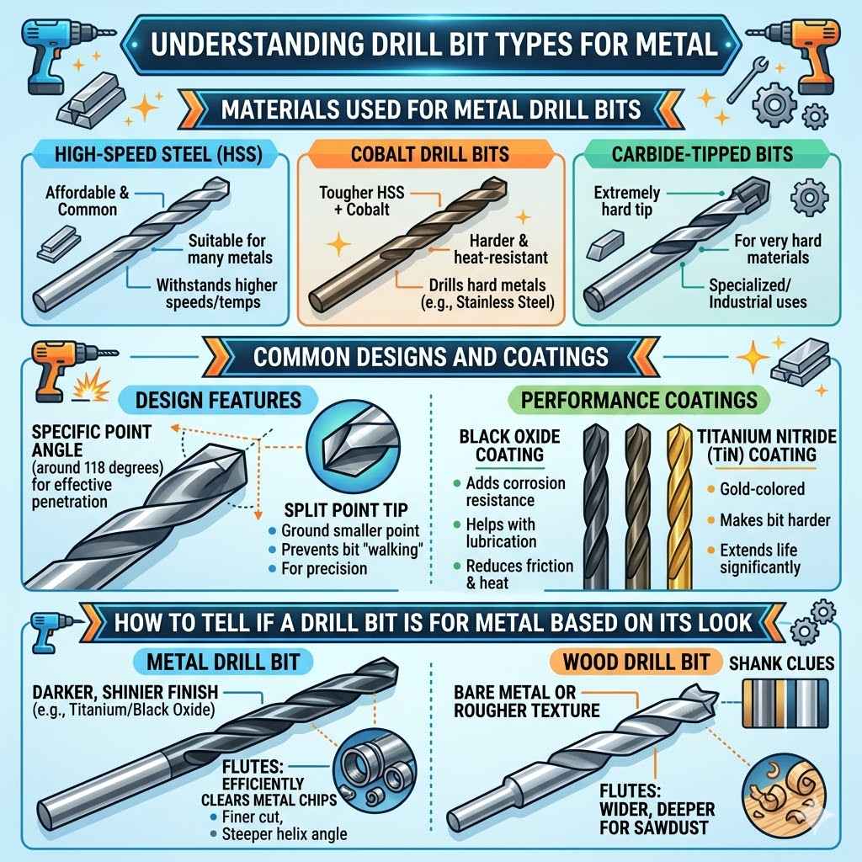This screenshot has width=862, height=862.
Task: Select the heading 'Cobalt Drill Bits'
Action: [430, 155]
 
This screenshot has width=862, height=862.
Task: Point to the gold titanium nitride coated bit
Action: [681, 505]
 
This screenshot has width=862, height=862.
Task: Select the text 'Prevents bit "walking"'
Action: [349, 550]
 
